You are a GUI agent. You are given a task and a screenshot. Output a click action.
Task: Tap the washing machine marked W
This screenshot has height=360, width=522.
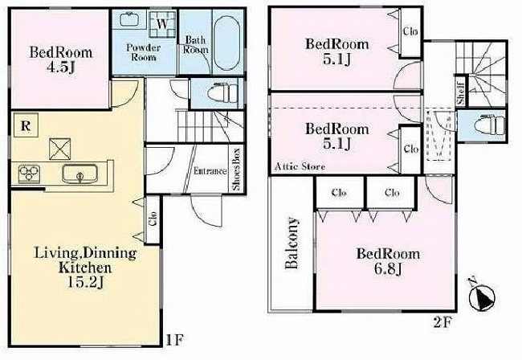point(162,23)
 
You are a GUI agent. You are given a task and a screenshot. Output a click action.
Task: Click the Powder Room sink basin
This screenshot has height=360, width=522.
point(128,19)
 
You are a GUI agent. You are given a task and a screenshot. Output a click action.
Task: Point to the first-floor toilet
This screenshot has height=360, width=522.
point(222,93)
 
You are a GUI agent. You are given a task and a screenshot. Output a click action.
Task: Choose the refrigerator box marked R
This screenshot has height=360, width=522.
point(26,125)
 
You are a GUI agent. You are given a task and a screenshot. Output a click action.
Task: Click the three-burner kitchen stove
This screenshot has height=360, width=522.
point(29,173)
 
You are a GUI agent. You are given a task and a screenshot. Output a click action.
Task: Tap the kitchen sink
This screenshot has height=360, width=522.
point(80,174)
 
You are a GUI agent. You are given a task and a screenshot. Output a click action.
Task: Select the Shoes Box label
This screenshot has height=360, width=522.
point(236,170)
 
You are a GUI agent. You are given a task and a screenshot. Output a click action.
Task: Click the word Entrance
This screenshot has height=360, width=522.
point(210,171)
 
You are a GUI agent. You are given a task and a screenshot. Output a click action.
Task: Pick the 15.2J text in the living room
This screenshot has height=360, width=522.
point(86,283)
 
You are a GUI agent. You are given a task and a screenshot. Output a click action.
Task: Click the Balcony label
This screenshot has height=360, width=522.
point(291,243)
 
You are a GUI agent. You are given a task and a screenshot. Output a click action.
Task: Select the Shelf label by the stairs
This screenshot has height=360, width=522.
point(460,93)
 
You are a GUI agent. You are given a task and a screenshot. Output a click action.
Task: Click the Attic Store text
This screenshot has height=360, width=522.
point(300,166)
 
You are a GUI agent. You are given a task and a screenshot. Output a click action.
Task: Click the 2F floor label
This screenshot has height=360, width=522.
point(442,322)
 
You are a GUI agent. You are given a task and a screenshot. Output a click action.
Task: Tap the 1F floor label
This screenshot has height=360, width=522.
point(175,340)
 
